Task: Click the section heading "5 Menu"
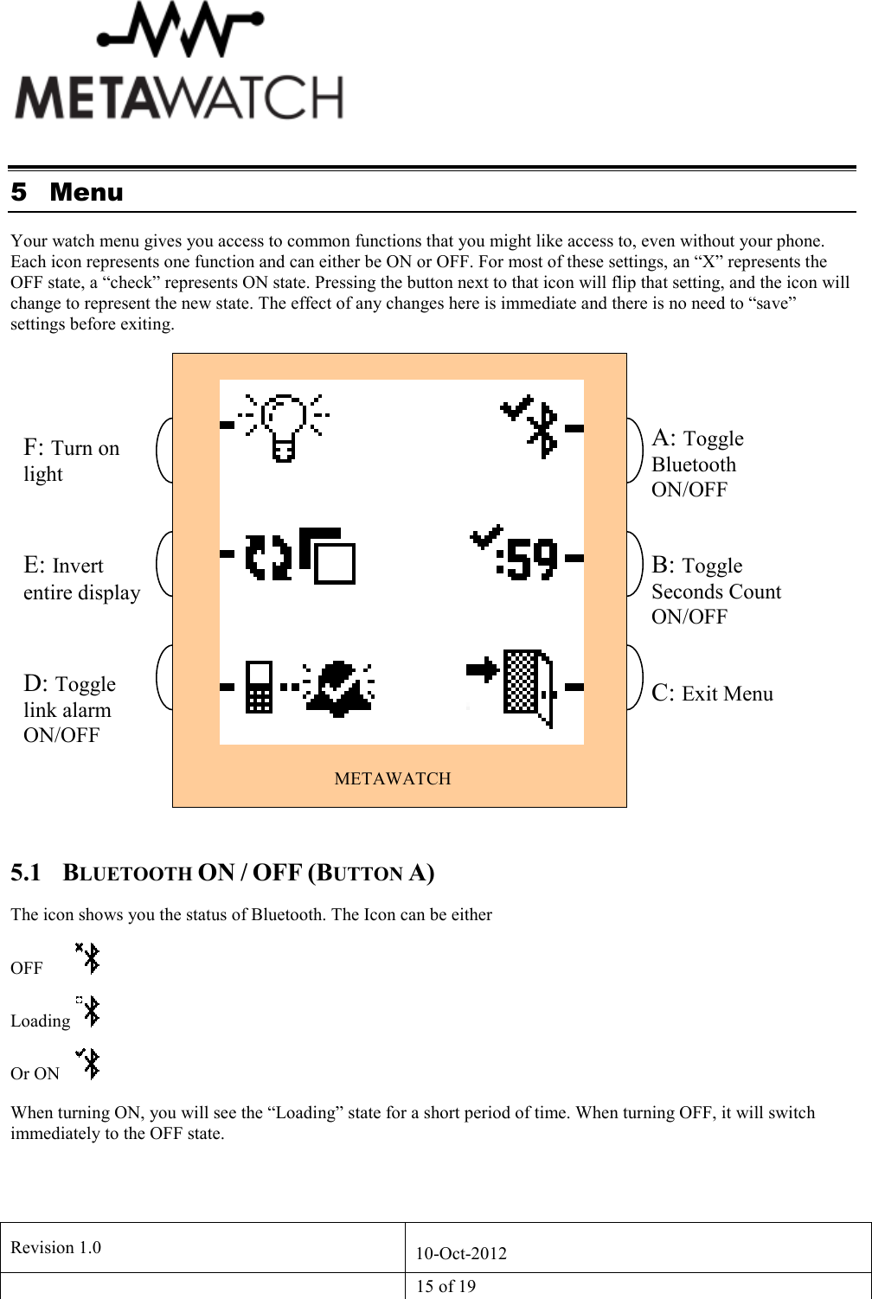[x=67, y=192]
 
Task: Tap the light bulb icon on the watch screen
[x=283, y=426]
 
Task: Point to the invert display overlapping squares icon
[x=327, y=556]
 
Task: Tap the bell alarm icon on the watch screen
[x=338, y=688]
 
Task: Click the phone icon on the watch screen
[x=259, y=688]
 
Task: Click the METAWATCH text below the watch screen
[x=393, y=778]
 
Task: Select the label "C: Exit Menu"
[x=712, y=694]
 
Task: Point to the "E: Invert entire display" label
[x=81, y=579]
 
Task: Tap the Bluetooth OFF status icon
[x=88, y=958]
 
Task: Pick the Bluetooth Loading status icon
[x=88, y=1011]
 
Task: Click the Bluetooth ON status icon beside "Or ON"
[x=88, y=1063]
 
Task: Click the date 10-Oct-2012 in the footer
[x=461, y=1253]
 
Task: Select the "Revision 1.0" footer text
[x=55, y=1247]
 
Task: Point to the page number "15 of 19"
[x=446, y=1286]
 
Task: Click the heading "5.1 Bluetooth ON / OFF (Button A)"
[x=222, y=873]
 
